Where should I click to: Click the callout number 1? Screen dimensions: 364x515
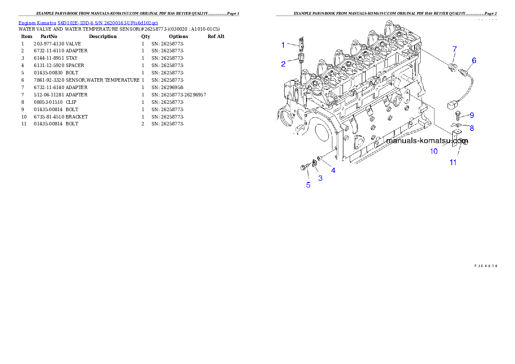(283, 45)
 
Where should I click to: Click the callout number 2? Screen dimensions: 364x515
(283, 64)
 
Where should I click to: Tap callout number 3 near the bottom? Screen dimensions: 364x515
(320, 178)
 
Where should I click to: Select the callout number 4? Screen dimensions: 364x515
(333, 170)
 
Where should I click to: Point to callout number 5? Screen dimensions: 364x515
(308, 185)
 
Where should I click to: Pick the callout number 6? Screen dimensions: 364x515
(474, 61)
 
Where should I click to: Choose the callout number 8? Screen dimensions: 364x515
(472, 128)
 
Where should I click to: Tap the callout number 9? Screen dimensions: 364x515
(472, 115)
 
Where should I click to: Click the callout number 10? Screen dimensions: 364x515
(434, 151)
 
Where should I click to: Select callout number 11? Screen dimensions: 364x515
(453, 163)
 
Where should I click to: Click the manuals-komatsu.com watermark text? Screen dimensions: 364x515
(427, 140)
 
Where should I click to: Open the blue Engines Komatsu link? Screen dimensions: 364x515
(88, 22)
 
